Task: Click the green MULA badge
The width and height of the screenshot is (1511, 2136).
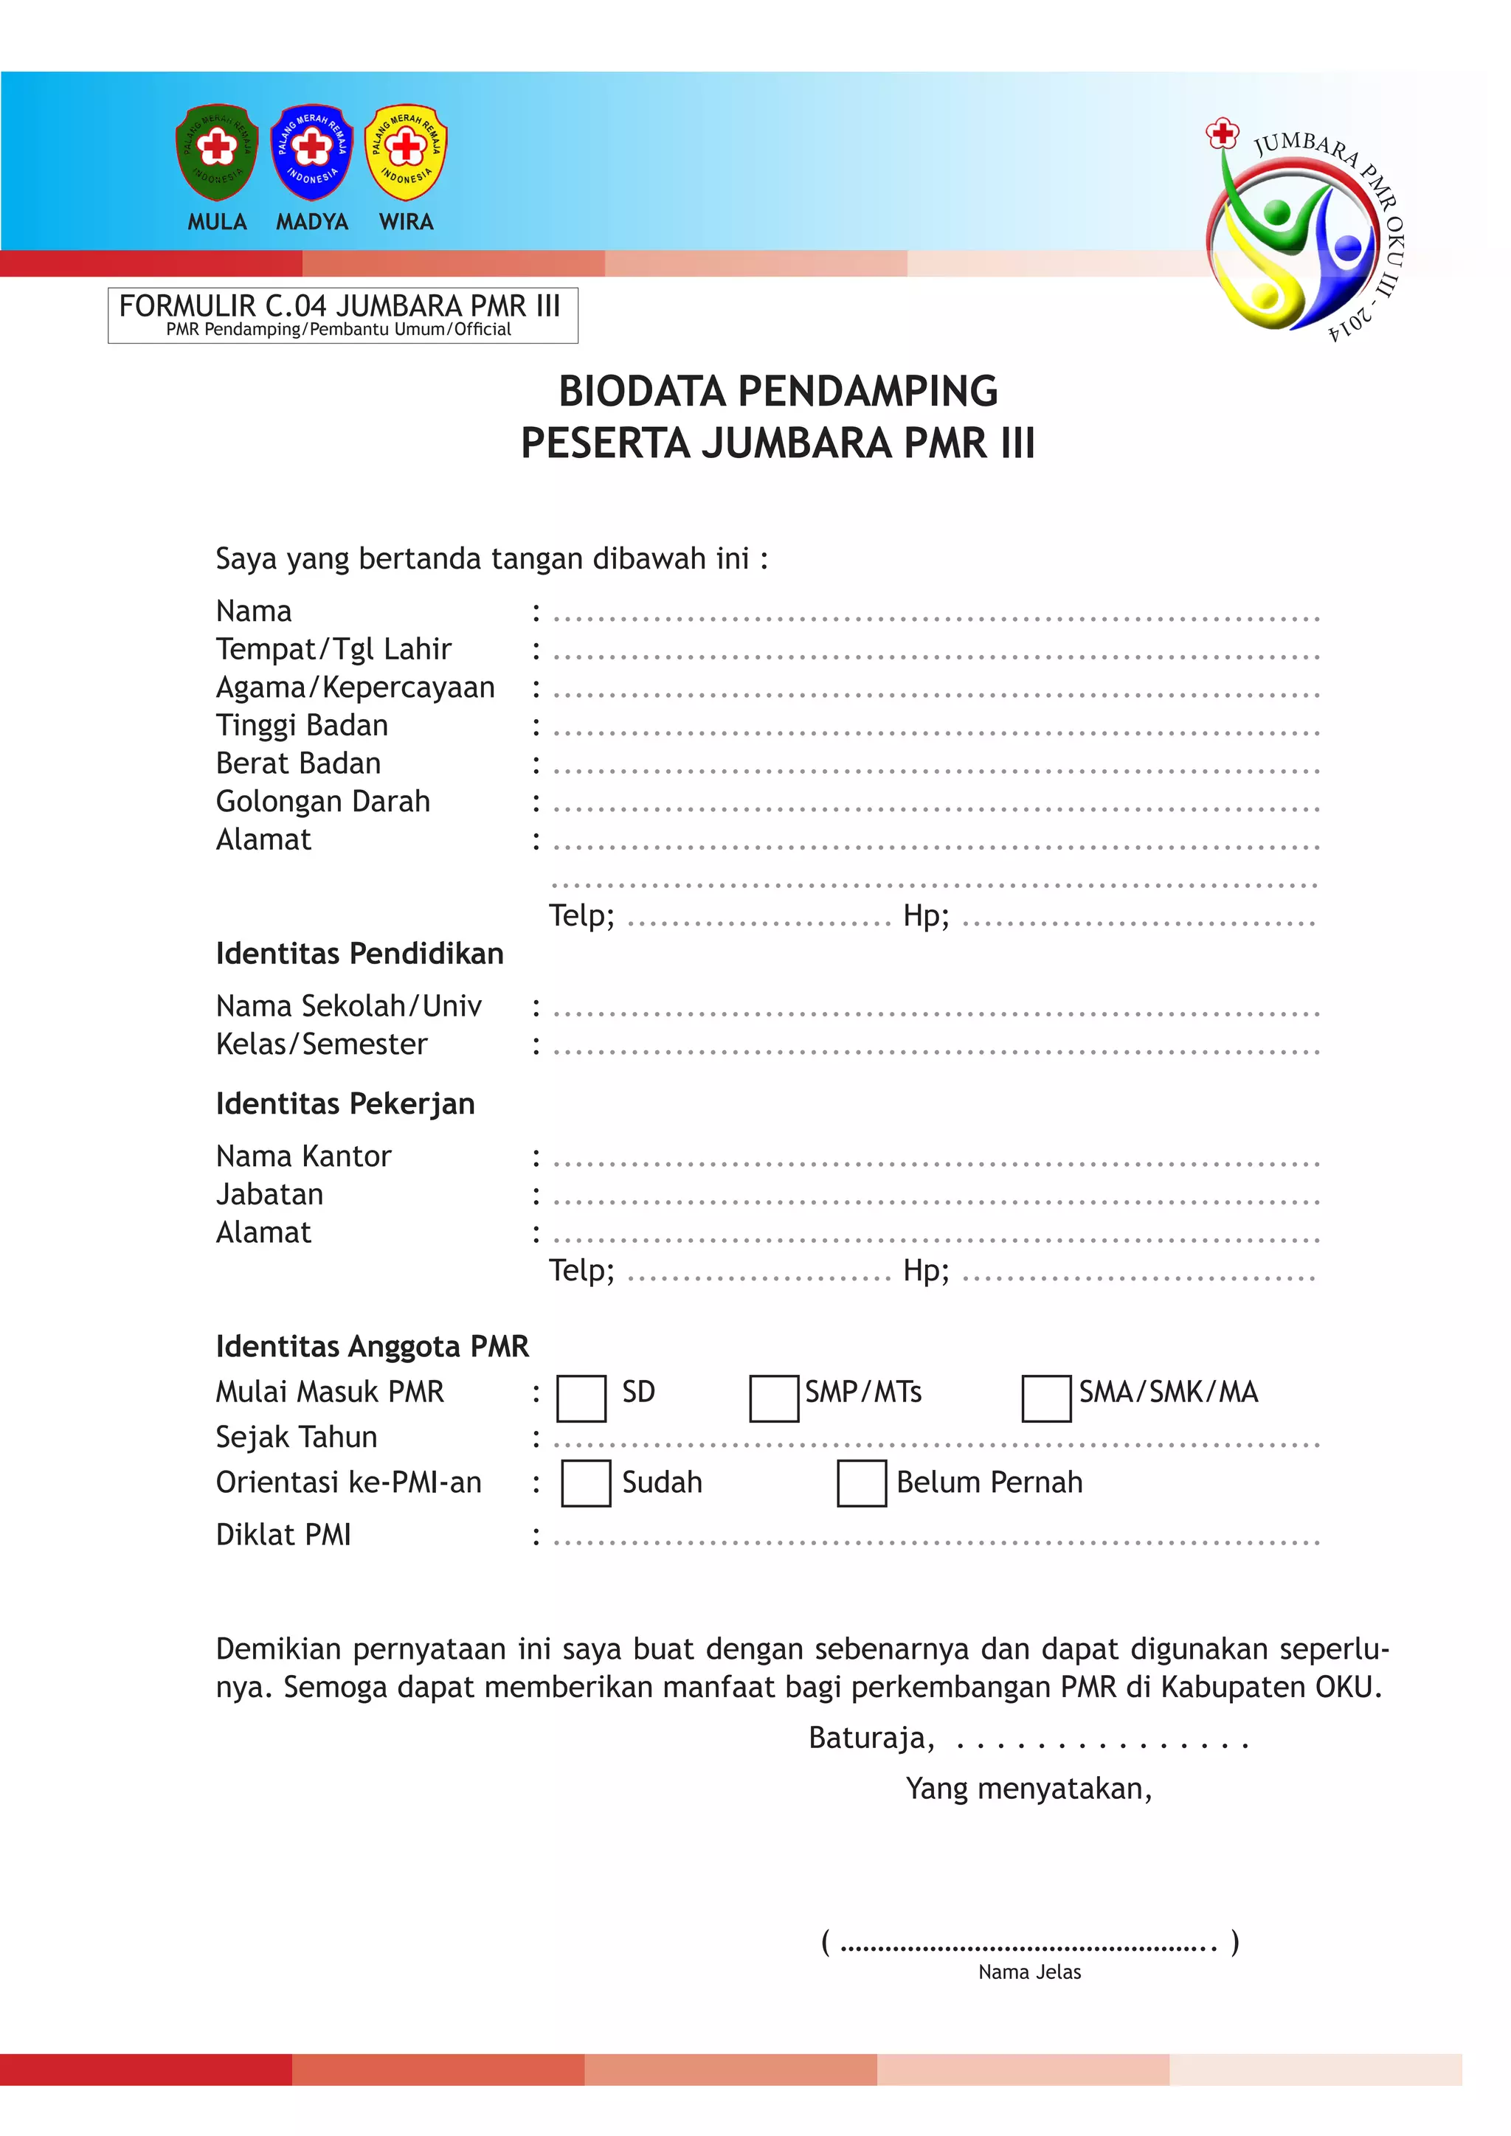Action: [x=217, y=152]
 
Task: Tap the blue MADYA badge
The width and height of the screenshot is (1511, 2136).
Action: [x=311, y=152]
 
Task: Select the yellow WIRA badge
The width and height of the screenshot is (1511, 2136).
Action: [x=406, y=152]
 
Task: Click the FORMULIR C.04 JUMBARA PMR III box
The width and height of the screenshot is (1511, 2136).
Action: [x=342, y=316]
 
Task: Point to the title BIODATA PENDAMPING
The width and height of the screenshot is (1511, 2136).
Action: [x=778, y=391]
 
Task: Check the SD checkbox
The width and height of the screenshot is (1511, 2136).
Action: [x=581, y=1398]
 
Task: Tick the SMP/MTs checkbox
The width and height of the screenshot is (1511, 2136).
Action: [x=773, y=1398]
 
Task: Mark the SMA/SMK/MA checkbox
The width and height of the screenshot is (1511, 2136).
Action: [x=1045, y=1398]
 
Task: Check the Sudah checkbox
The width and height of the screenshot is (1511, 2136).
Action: [x=586, y=1483]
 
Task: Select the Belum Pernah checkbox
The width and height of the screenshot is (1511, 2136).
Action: [x=862, y=1483]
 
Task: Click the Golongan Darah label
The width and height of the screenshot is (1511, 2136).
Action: [x=323, y=801]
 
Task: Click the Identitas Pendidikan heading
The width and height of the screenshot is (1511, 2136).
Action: [x=359, y=954]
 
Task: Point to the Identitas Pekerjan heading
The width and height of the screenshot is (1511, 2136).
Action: [x=345, y=1103]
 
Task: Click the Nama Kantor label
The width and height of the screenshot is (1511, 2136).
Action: [x=303, y=1156]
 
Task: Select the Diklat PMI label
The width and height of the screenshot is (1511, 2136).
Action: [x=284, y=1534]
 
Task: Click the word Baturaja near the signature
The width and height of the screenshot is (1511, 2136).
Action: [x=870, y=1738]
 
